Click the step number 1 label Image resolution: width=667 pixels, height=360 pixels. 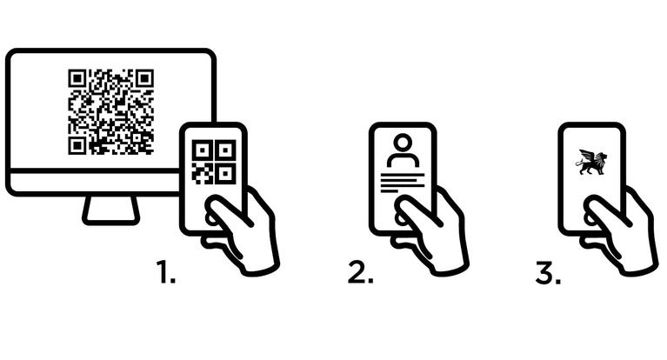click(x=166, y=271)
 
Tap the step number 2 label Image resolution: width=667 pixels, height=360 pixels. click(x=360, y=271)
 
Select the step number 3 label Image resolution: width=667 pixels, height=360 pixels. click(x=548, y=271)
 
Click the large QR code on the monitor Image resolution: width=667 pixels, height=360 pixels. click(x=110, y=111)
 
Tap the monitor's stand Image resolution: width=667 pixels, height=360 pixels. click(x=110, y=210)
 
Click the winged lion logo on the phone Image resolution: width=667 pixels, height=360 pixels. click(x=591, y=162)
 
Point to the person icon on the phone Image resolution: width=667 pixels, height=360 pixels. click(x=403, y=150)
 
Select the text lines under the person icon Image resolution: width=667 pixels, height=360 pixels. click(x=402, y=182)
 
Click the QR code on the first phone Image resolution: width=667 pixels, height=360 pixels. click(x=214, y=162)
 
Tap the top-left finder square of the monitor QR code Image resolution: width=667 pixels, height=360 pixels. click(x=77, y=79)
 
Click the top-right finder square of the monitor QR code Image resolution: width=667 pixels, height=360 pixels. click(x=144, y=79)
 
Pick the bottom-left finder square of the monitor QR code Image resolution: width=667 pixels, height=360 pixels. click(x=77, y=145)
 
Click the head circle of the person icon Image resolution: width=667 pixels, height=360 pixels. click(x=403, y=143)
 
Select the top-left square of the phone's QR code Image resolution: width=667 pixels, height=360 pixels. click(x=203, y=150)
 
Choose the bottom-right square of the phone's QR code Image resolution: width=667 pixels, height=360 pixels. click(x=225, y=174)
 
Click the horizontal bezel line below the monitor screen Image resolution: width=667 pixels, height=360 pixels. click(x=95, y=170)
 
